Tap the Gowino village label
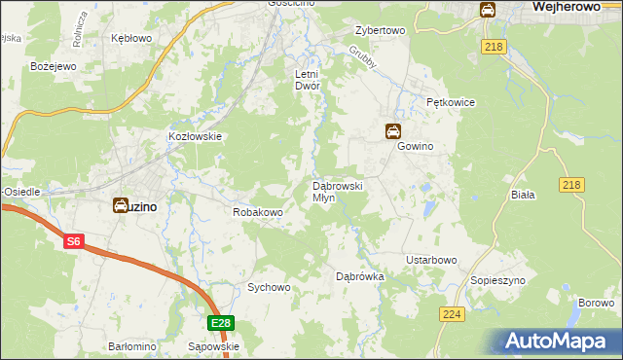[414, 146]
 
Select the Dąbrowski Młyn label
[337, 191]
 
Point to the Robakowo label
[257, 211]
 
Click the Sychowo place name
[269, 287]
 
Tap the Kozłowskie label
[197, 137]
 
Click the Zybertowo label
[380, 30]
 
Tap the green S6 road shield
[74, 241]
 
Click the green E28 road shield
[221, 323]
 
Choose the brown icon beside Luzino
[120, 205]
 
